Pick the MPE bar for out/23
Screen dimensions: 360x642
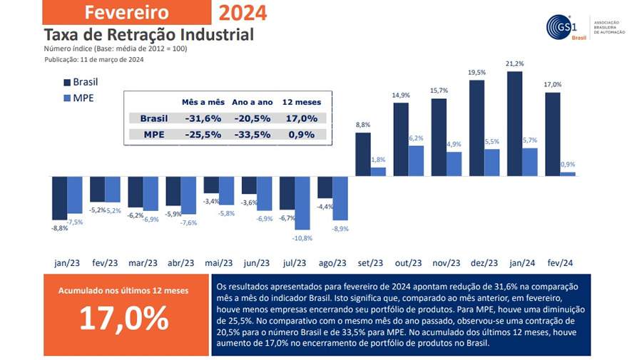click(x=416, y=160)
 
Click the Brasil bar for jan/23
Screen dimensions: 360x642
click(x=59, y=197)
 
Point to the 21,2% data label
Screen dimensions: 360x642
click(x=515, y=64)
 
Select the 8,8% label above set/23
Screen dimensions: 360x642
click(x=363, y=125)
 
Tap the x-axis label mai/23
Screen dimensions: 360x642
click(x=219, y=262)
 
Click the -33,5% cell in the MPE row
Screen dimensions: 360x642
click(x=250, y=134)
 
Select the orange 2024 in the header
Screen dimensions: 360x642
click(x=243, y=12)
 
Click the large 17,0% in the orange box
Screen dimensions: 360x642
click(x=123, y=319)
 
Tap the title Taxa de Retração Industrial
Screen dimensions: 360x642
click(x=148, y=34)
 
